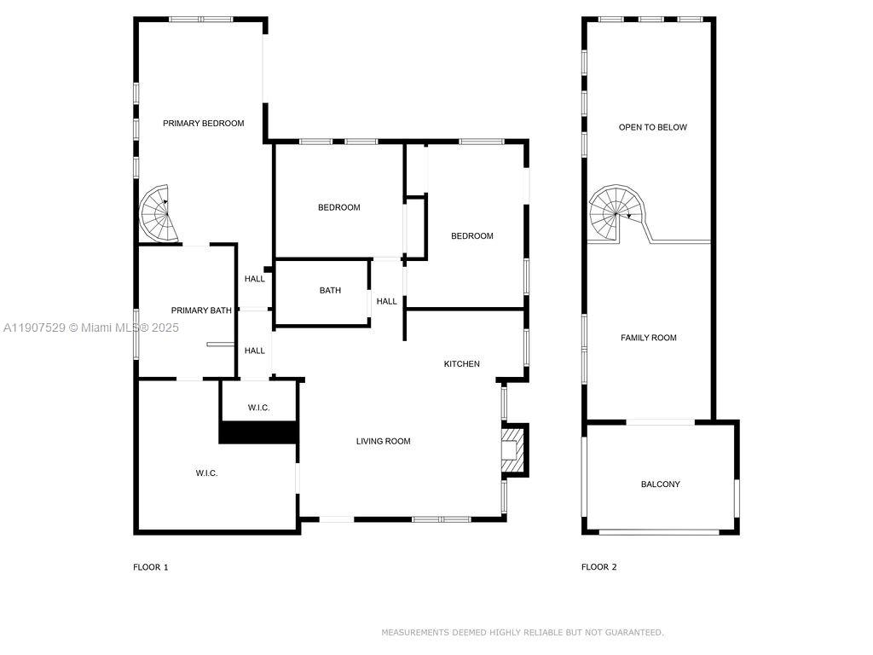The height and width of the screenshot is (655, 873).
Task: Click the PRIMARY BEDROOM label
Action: pos(203,123)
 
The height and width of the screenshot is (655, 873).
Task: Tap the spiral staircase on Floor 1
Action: pos(159,213)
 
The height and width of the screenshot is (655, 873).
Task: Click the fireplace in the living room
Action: pos(513,449)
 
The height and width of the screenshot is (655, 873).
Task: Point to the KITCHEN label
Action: pos(461,364)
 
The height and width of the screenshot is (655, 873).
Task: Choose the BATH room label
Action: pos(330,290)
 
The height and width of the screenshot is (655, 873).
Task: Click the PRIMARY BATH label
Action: pos(201,310)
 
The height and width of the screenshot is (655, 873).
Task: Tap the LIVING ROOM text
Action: pos(383,441)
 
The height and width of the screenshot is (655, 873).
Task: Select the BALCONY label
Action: pos(660,484)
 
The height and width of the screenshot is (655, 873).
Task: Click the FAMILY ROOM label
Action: pos(648,338)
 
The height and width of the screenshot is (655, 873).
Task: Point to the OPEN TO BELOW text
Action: pos(652,127)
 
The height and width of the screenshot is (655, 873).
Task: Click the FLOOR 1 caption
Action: pos(150,567)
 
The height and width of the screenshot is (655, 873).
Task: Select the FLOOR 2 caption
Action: pos(598,567)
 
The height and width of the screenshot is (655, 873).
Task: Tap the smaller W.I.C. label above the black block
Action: pos(258,408)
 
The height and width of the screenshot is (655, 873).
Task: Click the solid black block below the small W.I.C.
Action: pos(258,432)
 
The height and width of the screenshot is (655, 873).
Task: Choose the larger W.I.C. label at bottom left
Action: pos(206,472)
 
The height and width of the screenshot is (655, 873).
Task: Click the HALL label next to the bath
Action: pos(386,301)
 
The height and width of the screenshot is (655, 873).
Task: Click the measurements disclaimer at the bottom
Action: pos(522,633)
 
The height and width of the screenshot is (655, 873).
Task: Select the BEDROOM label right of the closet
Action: pos(471,236)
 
